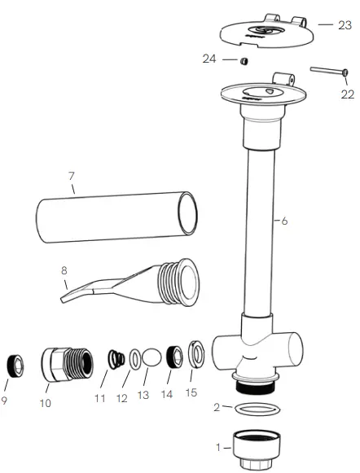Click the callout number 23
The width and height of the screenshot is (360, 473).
point(345,24)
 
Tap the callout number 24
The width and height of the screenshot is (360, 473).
point(210,58)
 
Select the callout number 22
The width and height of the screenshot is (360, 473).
point(346,94)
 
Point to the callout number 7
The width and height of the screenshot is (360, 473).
point(72,176)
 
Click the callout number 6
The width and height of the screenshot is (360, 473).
point(284,220)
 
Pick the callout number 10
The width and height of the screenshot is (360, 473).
point(46,402)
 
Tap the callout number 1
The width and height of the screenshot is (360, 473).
point(217,446)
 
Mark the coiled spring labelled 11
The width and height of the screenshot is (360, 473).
point(115,357)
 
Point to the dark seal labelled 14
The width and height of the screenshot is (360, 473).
point(173,356)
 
